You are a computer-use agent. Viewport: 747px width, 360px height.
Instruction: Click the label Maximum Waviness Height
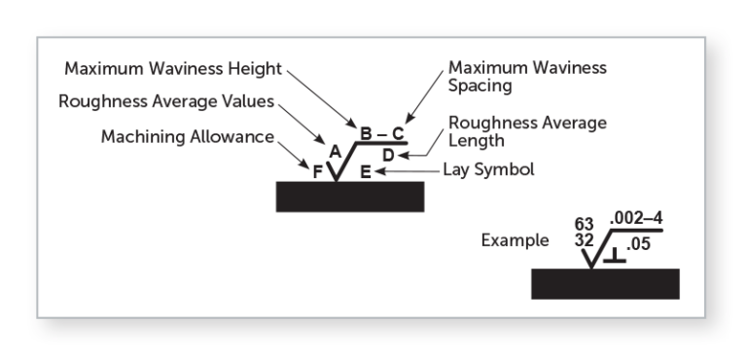point(171,69)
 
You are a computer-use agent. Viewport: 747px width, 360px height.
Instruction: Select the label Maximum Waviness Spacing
point(525,78)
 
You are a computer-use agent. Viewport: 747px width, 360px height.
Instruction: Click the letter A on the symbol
point(335,152)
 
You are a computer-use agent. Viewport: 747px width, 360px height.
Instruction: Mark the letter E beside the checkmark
point(364,172)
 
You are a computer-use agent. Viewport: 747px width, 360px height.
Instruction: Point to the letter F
point(316,172)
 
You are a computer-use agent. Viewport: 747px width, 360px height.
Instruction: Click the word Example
point(515,240)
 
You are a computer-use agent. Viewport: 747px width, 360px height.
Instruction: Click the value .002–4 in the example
point(635,220)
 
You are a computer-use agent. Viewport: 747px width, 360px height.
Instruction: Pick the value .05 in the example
point(638,245)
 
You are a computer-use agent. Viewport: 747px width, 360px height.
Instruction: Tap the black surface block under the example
point(605,283)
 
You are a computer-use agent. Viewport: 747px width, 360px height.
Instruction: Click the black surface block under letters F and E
point(350,196)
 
